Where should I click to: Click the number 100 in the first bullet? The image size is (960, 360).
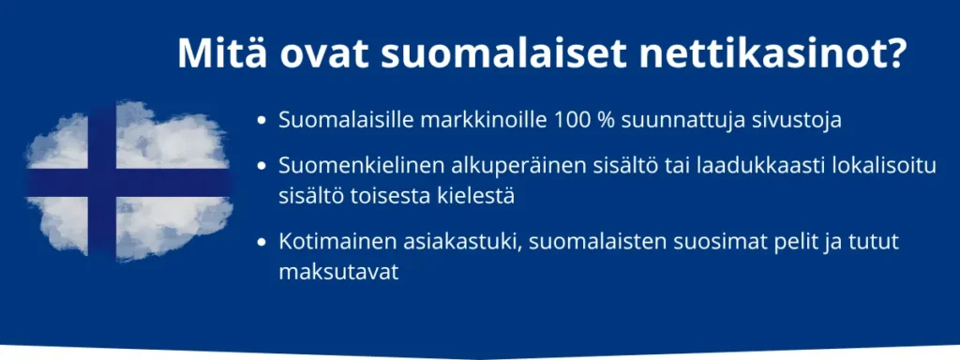573,121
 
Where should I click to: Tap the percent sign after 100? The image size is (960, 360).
607,121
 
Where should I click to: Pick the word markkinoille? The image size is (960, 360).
484,121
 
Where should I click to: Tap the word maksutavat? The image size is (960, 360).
338,272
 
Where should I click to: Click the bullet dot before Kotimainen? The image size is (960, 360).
262,243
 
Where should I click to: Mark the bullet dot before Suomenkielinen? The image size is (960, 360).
262,167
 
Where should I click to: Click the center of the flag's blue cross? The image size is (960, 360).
102,183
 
